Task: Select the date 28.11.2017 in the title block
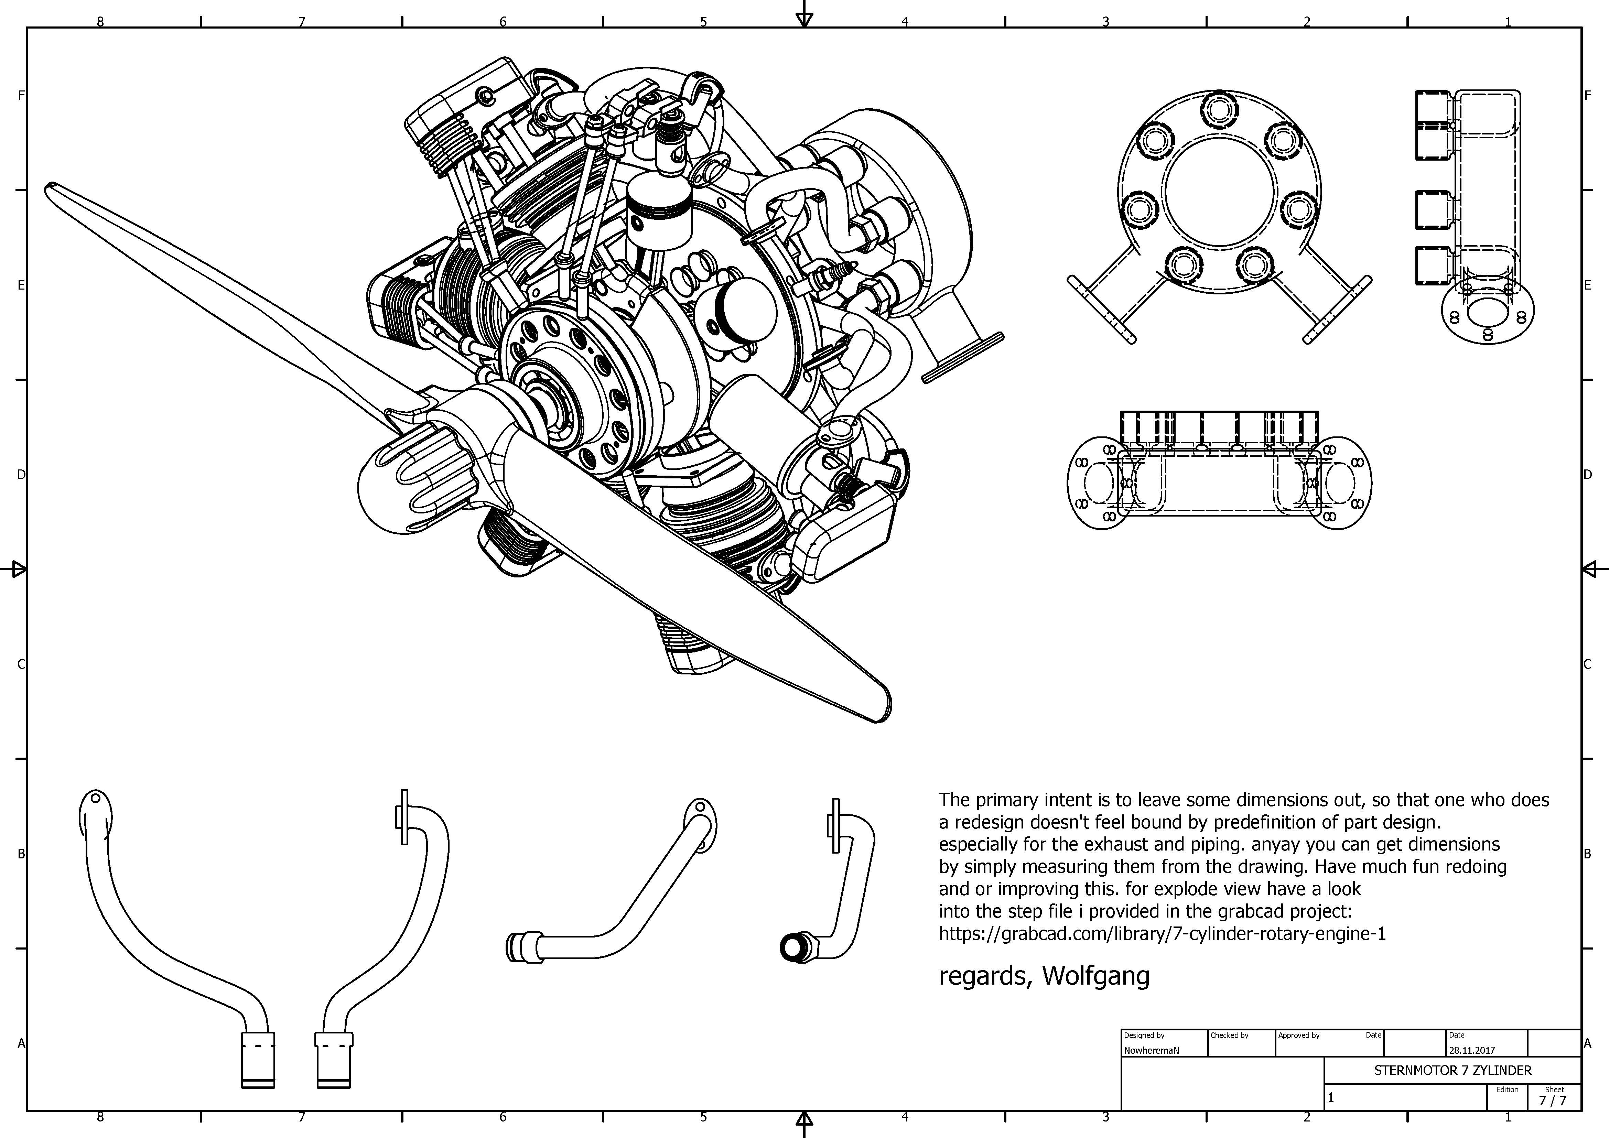pos(1472,1050)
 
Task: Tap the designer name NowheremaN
pos(1152,1050)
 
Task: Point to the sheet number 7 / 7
pos(1552,1100)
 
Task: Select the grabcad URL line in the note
pos(1162,933)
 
